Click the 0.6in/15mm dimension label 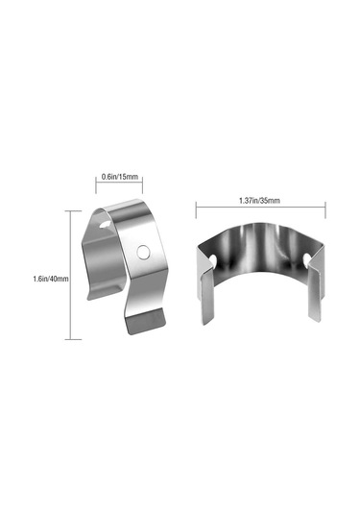[120, 177]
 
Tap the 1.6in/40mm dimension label [51, 279]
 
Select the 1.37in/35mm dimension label [259, 200]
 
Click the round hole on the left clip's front [142, 252]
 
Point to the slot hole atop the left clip [105, 225]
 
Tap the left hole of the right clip [213, 260]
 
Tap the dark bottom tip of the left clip [146, 322]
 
